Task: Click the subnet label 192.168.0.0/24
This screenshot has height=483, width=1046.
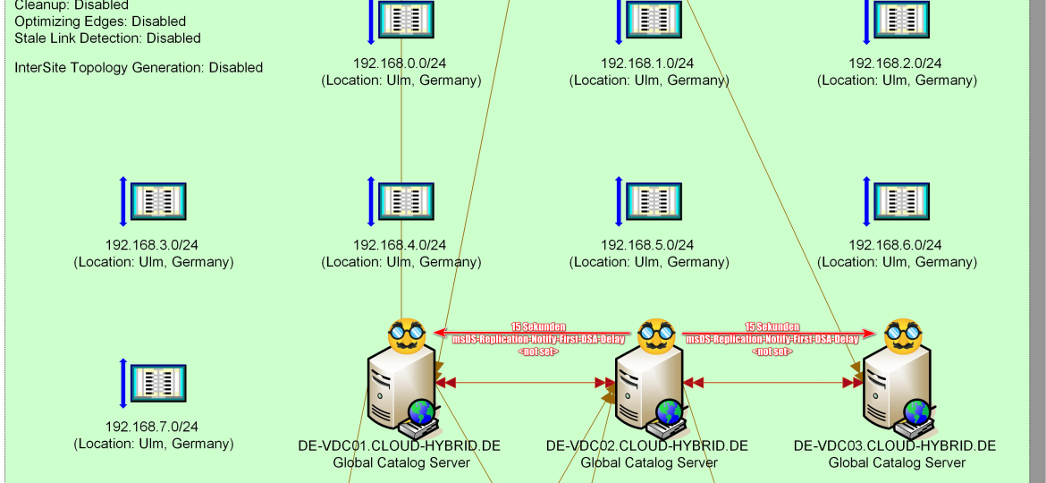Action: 401,64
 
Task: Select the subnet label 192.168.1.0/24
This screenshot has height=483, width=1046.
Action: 648,64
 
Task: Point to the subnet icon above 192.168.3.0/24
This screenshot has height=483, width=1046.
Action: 158,201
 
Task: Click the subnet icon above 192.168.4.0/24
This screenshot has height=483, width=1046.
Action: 406,201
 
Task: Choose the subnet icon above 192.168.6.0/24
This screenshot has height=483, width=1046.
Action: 901,201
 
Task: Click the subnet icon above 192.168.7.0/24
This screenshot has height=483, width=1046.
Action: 158,383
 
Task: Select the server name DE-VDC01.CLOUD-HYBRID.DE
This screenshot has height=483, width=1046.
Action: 401,445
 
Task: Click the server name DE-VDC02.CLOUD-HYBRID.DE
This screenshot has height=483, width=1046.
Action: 648,445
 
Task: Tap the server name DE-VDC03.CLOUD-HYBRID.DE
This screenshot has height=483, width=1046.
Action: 896,445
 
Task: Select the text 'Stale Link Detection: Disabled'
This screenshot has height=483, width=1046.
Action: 107,38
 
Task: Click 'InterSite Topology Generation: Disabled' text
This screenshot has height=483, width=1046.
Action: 139,67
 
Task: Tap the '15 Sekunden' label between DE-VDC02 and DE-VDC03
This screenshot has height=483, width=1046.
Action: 772,327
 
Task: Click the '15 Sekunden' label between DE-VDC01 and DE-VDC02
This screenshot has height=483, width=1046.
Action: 538,327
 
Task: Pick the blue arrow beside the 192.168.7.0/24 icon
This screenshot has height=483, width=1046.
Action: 124,383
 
